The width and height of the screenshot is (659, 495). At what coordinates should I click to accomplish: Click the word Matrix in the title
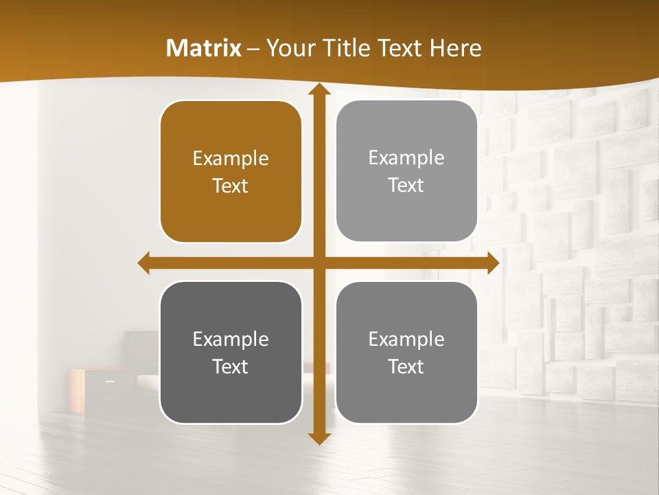click(204, 48)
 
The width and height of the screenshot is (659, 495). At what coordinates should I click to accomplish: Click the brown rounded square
click(231, 171)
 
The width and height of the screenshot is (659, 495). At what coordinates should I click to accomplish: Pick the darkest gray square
click(231, 352)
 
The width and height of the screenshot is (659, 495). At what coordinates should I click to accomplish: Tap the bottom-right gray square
click(406, 352)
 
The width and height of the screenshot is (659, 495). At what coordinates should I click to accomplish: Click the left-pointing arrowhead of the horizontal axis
click(144, 263)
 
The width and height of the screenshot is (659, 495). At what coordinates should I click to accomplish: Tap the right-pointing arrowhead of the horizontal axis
click(493, 263)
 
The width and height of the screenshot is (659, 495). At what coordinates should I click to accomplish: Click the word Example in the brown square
click(231, 158)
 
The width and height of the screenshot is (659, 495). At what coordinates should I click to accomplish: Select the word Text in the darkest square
click(231, 366)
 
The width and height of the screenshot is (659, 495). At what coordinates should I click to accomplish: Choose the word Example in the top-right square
click(406, 157)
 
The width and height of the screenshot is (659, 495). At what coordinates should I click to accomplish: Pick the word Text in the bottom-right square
click(406, 366)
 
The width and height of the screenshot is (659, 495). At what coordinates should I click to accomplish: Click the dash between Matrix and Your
click(253, 49)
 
